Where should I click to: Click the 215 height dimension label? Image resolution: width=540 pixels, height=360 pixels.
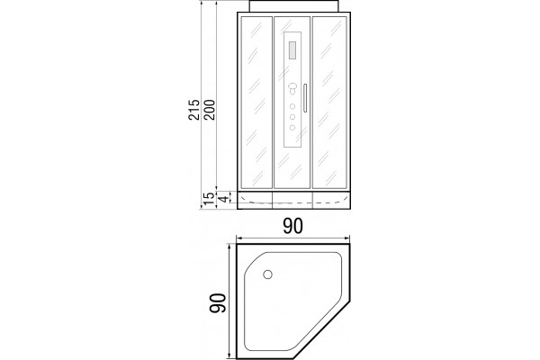193,110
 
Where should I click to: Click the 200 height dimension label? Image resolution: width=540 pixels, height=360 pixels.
209,110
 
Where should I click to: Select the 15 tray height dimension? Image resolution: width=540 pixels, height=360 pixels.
209,199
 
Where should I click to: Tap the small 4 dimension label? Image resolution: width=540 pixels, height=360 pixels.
224,199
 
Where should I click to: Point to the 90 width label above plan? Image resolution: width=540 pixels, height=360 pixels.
293,226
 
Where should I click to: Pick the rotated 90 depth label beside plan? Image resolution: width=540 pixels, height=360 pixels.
218,302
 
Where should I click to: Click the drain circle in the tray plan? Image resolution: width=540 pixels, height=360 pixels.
267,274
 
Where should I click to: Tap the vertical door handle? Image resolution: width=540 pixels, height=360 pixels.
305,98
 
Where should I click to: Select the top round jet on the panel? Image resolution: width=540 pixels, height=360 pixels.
292,106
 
